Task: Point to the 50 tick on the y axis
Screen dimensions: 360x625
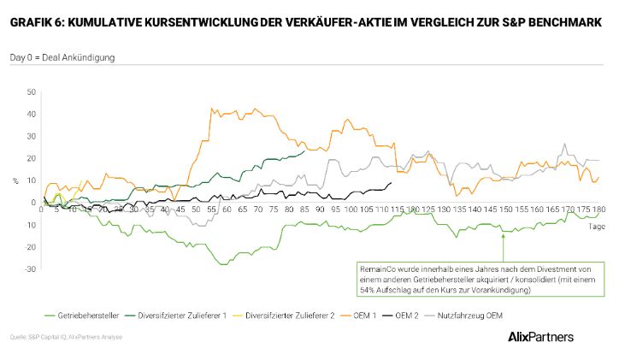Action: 31,91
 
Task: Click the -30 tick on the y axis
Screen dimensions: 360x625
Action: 30,269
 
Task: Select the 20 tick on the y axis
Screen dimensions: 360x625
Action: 31,158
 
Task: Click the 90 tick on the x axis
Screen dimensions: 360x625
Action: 320,209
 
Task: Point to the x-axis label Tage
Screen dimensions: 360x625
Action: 596,227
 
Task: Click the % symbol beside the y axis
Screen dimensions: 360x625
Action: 15,180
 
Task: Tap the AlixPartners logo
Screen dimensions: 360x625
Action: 540,336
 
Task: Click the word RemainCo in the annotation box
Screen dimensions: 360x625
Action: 377,269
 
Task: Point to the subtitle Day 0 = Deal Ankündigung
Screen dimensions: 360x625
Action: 62,57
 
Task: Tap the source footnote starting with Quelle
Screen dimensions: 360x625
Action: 67,337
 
